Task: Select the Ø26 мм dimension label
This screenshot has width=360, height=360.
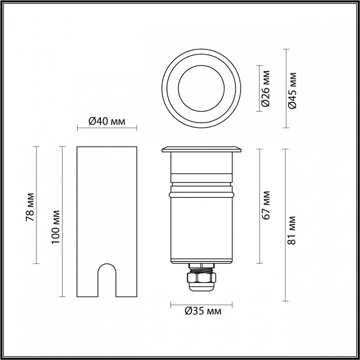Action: click(x=266, y=88)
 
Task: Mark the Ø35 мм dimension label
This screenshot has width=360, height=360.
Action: click(x=202, y=311)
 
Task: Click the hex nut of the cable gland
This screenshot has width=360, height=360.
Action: click(x=201, y=276)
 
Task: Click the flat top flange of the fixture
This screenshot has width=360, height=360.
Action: click(x=201, y=148)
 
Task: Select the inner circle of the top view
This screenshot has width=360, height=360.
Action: click(x=201, y=89)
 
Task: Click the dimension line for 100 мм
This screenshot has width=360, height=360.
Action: click(x=62, y=221)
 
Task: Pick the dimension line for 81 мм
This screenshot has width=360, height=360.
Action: click(x=285, y=225)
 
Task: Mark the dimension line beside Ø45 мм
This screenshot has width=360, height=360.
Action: click(x=285, y=88)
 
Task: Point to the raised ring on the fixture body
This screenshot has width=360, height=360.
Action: click(x=201, y=192)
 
